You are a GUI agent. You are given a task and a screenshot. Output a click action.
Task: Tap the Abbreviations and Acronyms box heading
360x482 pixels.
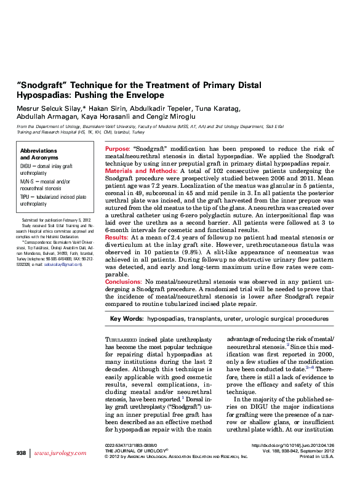point(38,154)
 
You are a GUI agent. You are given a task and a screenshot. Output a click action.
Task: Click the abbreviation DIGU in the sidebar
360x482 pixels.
point(26,166)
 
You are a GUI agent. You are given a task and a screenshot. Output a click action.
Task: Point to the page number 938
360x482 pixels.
point(21,453)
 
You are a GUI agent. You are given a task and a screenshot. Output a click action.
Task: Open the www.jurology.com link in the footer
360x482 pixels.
point(60,453)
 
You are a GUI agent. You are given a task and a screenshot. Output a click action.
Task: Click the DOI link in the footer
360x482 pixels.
point(293,444)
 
